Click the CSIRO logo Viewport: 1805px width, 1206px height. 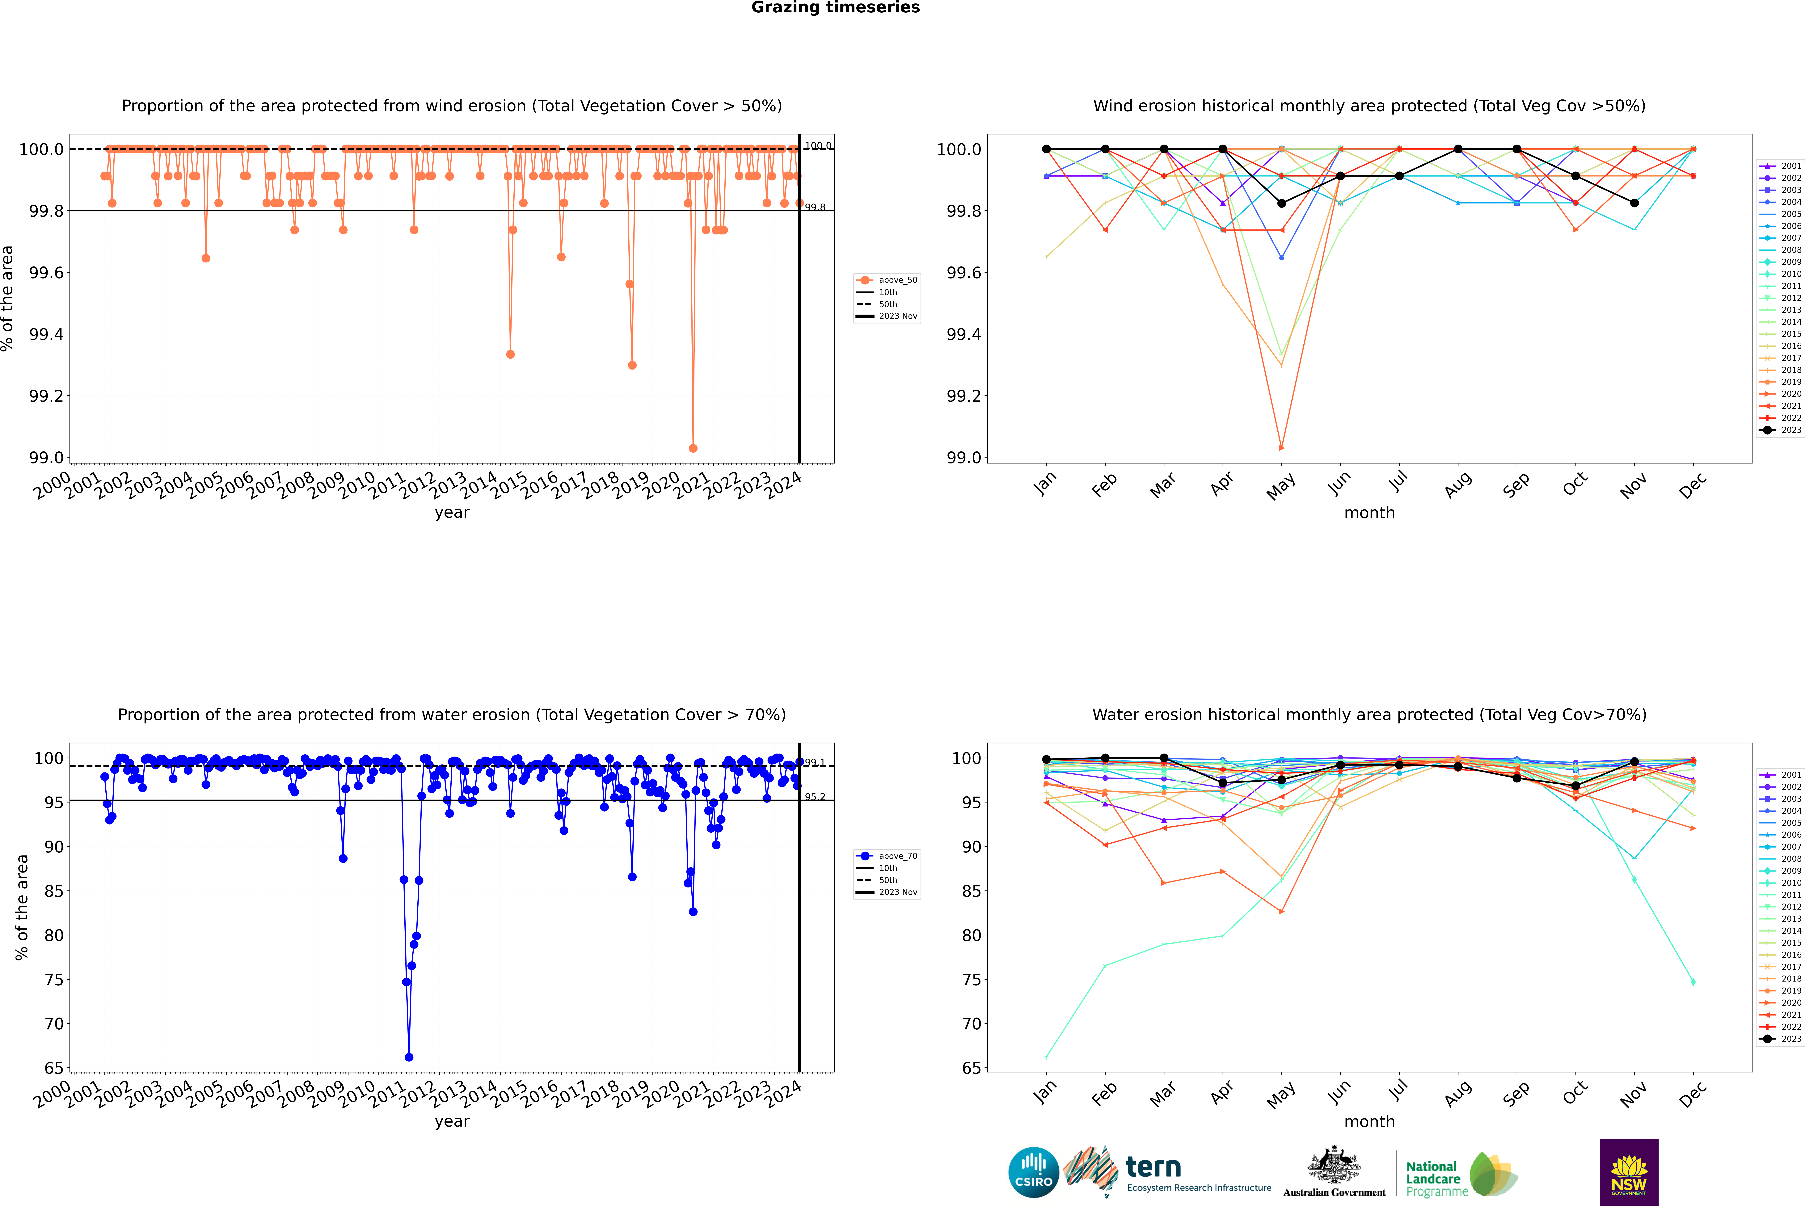(1033, 1172)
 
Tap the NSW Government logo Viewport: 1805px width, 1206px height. (1629, 1172)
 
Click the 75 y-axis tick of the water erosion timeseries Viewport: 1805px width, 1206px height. (54, 980)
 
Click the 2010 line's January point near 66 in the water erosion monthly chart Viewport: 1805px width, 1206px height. (1046, 1057)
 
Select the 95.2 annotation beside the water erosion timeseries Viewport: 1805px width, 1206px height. (815, 797)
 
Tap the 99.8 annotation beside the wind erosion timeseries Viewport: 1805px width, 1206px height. (815, 208)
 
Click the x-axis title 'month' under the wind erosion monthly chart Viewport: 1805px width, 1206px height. (1369, 513)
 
